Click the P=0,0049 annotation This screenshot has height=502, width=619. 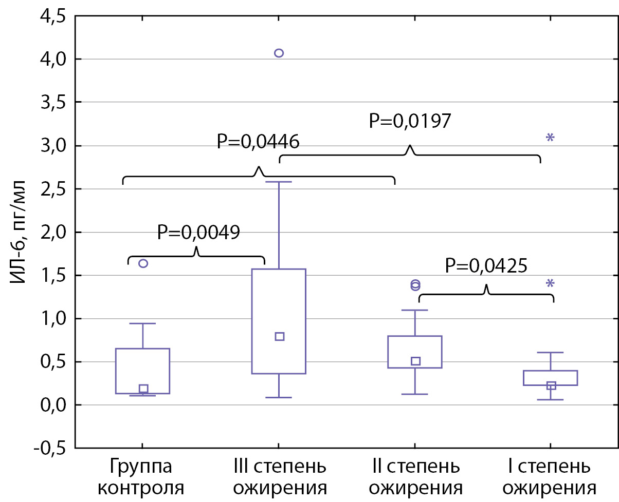[198, 233]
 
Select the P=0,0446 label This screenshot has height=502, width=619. [258, 141]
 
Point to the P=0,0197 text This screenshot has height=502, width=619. [410, 121]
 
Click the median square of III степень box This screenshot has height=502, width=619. [280, 337]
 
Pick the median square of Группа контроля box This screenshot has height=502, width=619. [143, 389]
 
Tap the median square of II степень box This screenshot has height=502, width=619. [415, 361]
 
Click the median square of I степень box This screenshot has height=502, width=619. [551, 385]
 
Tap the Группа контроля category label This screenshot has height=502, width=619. [141, 477]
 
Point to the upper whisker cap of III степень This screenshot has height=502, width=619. [279, 182]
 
